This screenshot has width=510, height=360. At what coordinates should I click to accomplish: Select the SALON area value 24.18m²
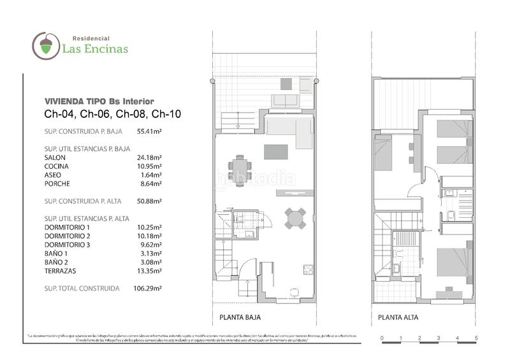click(149, 157)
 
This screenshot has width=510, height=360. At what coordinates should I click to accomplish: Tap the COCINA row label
click(57, 166)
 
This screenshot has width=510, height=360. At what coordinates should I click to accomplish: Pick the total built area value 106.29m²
click(149, 288)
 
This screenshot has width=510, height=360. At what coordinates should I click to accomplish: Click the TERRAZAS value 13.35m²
click(149, 270)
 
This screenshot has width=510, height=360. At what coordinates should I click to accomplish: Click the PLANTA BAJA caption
click(236, 317)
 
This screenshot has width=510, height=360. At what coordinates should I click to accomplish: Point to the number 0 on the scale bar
click(381, 338)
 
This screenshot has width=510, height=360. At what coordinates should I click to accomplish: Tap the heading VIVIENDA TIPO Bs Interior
click(99, 101)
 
